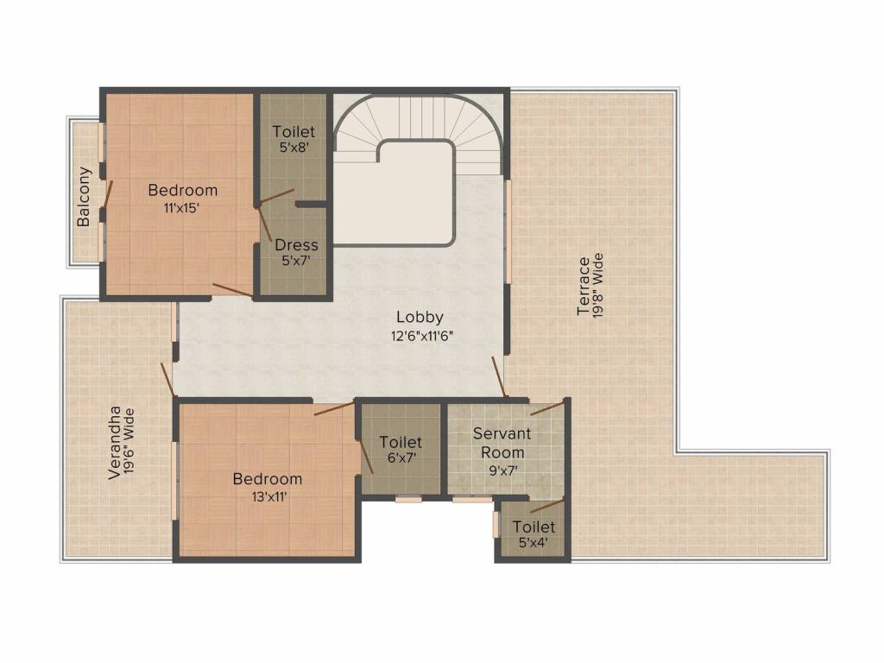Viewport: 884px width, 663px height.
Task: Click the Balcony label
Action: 84,196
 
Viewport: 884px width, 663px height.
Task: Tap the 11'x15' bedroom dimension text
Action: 182,207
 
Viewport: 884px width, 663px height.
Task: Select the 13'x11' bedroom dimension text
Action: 267,496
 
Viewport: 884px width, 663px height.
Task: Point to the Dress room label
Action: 296,245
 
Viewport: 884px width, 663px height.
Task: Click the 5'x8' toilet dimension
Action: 294,148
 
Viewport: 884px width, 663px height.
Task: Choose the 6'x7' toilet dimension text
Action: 401,459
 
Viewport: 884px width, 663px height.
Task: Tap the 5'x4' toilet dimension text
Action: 534,543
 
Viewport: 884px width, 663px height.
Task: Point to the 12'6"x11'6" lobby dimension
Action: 421,336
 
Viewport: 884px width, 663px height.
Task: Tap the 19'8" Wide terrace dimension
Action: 599,286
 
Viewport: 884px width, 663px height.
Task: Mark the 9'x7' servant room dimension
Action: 501,471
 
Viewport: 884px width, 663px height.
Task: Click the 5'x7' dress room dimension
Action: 295,262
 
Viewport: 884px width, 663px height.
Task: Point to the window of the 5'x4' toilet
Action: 496,525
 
